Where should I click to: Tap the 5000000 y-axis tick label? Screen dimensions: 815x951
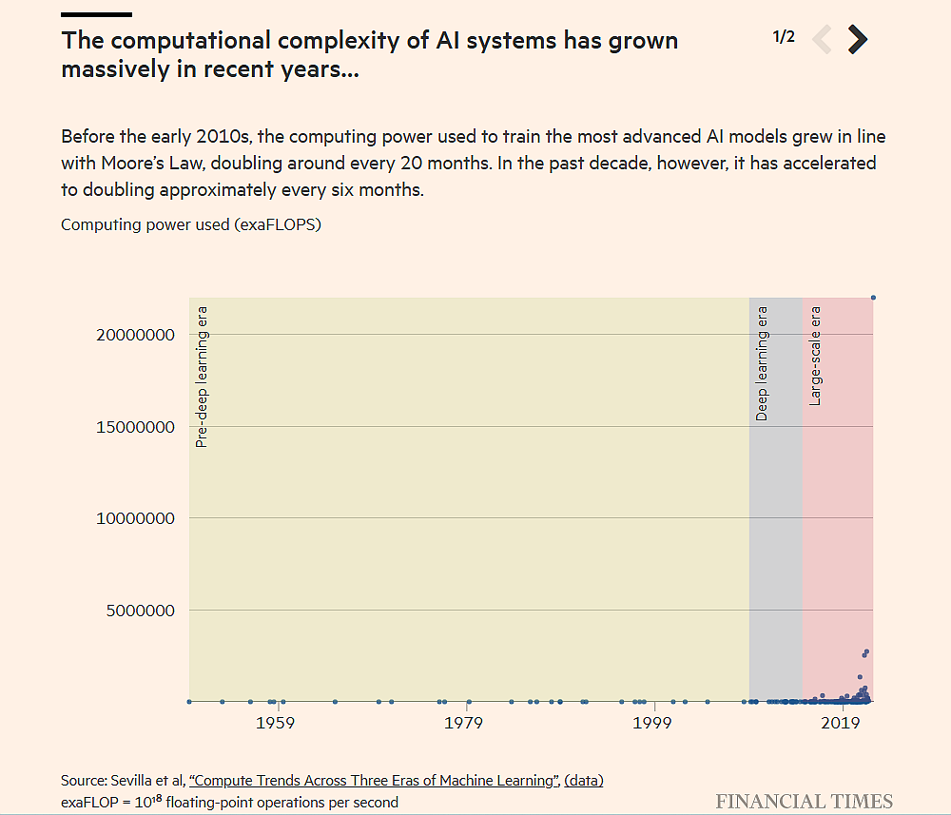137,611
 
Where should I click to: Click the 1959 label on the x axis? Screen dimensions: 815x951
275,724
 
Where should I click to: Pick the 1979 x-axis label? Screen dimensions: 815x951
463,724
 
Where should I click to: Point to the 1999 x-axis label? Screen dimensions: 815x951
652,724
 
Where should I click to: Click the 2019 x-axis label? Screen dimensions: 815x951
841,724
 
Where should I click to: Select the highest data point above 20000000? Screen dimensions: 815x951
873,298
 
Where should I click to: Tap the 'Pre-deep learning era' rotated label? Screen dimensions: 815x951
202,377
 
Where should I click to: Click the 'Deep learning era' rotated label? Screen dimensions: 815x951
762,363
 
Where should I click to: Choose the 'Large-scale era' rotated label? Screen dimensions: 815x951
815,356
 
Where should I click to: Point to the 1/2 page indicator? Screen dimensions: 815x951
784,37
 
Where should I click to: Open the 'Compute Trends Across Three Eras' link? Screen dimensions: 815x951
374,781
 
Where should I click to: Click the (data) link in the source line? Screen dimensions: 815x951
584,781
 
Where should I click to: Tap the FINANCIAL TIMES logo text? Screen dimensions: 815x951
804,801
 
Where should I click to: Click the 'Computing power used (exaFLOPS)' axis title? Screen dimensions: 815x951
191,224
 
